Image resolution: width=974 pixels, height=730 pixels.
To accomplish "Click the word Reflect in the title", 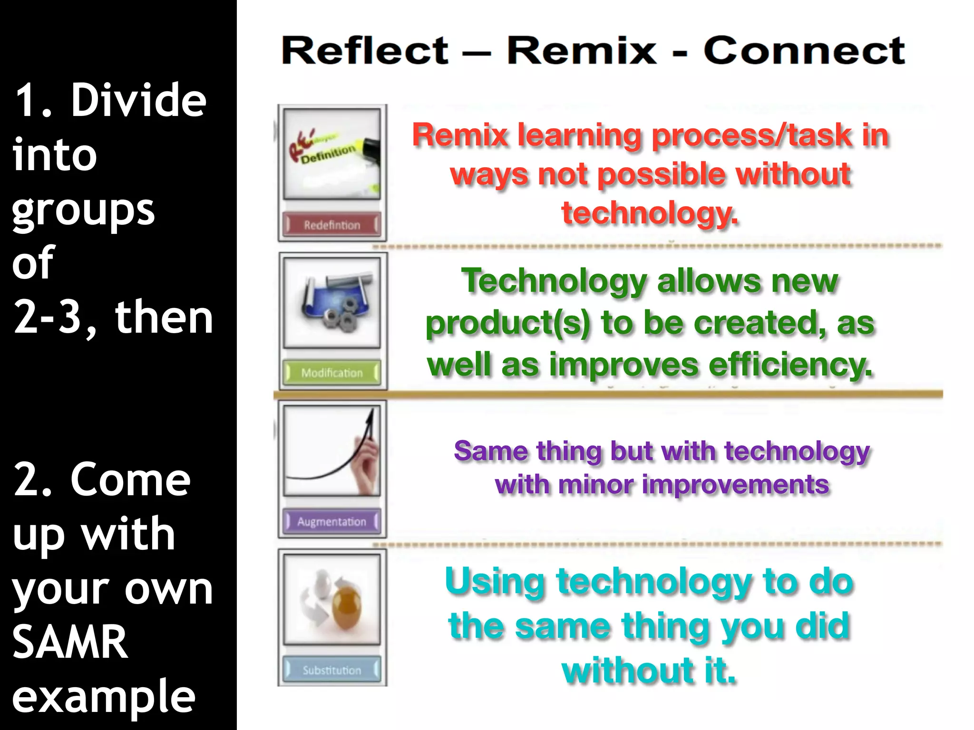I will (x=365, y=51).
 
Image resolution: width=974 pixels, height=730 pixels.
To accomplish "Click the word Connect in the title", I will (x=804, y=51).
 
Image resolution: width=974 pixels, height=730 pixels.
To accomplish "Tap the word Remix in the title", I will (x=581, y=51).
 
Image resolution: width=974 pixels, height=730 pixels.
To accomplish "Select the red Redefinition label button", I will (x=332, y=225).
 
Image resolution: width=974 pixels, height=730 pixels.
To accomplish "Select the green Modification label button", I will (x=332, y=373).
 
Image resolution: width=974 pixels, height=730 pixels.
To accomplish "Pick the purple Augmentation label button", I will (x=332, y=521).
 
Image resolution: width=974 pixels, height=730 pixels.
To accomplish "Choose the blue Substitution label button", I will (x=332, y=670).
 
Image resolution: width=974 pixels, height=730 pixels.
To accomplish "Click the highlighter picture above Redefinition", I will (x=332, y=154).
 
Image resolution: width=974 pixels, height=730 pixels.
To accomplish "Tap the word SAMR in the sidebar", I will (x=70, y=642).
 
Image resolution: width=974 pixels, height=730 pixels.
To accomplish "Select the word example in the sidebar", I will (x=103, y=696).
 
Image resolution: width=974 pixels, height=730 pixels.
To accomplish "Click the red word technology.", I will (x=650, y=213).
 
